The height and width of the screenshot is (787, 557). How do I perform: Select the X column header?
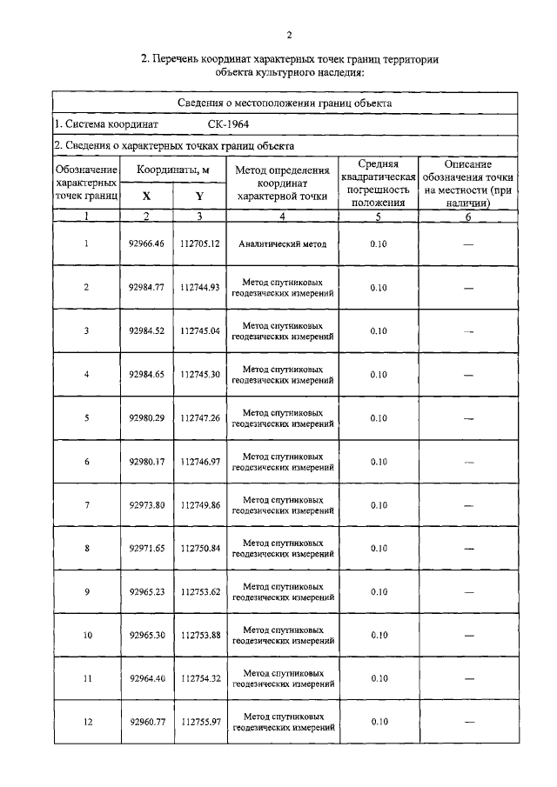tap(146, 197)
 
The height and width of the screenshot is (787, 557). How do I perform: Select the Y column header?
tap(199, 197)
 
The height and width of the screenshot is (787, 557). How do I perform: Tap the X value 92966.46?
tap(146, 244)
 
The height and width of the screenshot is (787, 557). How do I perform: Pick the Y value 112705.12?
tap(200, 244)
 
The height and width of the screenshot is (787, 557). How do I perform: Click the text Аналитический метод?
tap(283, 244)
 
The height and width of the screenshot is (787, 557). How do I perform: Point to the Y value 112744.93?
tap(200, 288)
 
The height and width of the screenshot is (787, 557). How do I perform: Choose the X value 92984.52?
tap(146, 331)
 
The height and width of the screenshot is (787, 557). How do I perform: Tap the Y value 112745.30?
tap(200, 375)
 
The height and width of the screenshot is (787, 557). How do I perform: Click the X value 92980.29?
tap(146, 418)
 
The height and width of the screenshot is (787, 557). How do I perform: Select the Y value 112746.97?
tap(200, 462)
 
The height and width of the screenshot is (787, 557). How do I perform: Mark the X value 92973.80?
tap(146, 505)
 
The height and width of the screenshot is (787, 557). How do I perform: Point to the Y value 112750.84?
tap(200, 549)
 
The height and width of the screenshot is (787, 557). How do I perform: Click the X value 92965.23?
tap(146, 592)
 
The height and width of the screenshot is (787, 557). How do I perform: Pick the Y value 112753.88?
tap(200, 636)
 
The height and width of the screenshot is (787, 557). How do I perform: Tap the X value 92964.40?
tap(146, 679)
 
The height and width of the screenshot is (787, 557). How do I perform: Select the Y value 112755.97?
tap(200, 723)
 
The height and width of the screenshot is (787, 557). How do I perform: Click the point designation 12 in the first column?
tap(87, 723)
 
